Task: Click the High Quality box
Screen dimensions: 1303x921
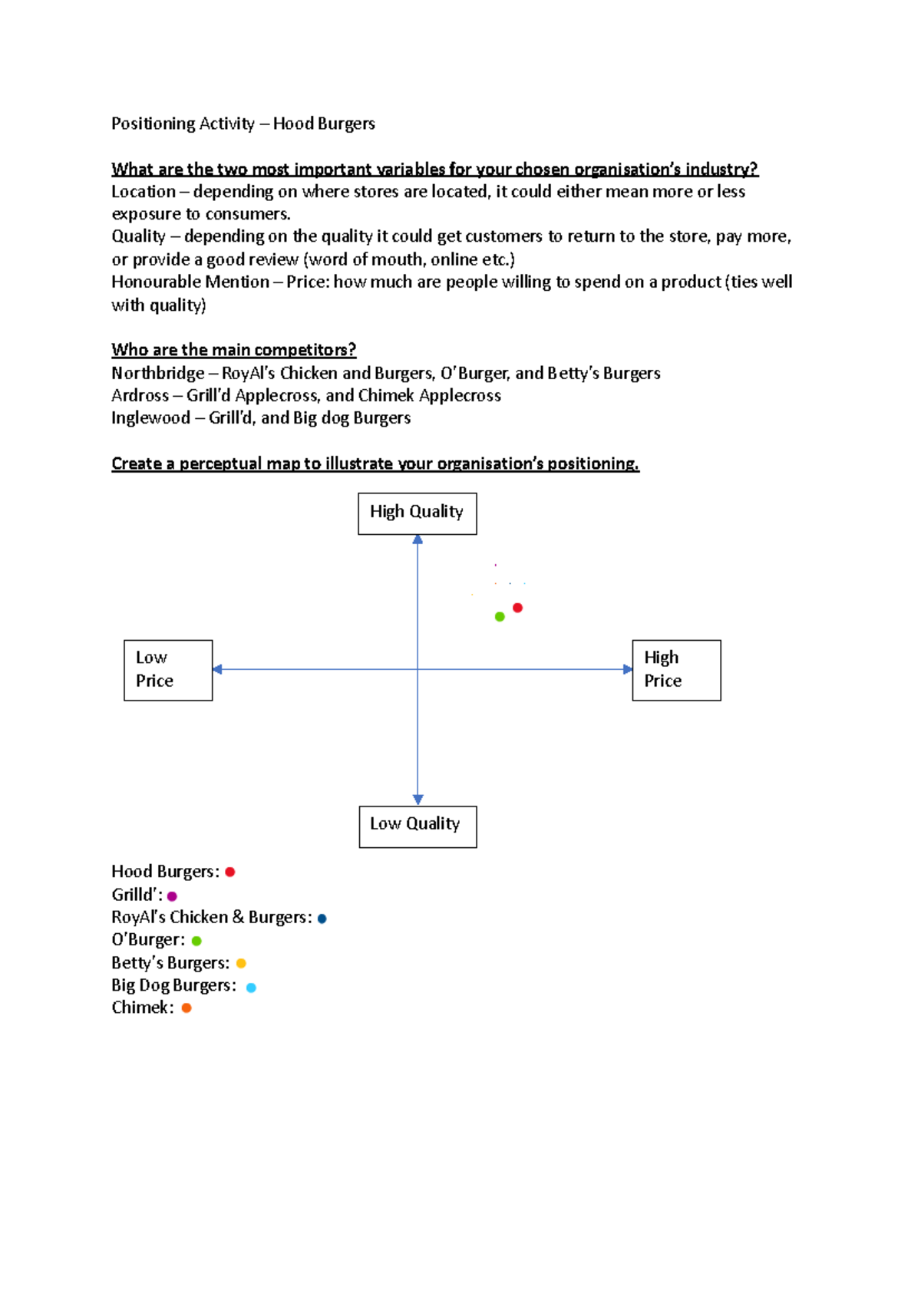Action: pos(417,513)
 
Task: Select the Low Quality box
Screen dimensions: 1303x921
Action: pos(418,826)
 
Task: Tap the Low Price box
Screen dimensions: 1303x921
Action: pos(168,670)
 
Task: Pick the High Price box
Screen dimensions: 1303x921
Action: pos(676,670)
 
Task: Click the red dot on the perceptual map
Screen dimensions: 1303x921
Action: pos(518,608)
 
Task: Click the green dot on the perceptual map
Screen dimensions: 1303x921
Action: pos(500,617)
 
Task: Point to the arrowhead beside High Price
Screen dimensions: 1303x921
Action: pos(627,669)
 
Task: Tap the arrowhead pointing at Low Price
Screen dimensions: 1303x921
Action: pos(218,669)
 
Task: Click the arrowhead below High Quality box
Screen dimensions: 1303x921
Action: pos(418,540)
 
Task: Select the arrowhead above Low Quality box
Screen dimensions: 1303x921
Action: pos(418,799)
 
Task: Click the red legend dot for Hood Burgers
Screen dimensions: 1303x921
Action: pos(229,872)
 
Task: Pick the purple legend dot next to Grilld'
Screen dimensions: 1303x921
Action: pos(172,896)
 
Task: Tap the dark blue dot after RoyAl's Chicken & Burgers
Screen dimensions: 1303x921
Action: pos(322,919)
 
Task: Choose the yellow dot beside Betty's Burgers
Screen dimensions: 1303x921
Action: pos(241,963)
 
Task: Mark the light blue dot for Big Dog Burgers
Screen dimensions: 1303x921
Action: pos(251,988)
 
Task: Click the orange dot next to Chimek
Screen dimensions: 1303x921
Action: pos(187,1008)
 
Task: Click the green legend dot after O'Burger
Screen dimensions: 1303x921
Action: pos(196,941)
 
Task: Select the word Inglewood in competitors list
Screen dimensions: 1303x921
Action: pos(150,418)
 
